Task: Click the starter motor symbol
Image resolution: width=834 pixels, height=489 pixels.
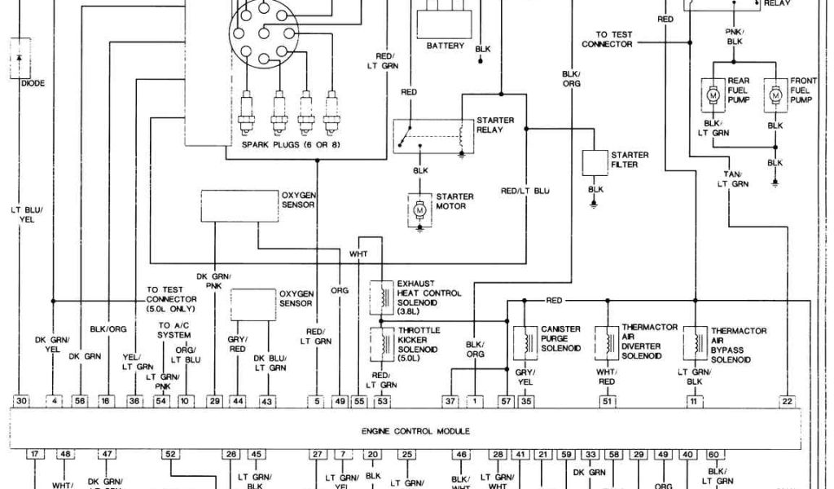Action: pos(421,210)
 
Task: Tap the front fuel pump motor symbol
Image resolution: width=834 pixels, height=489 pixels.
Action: pos(775,96)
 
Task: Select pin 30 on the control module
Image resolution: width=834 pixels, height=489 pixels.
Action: pos(22,401)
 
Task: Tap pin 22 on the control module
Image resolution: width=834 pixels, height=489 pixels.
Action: pos(787,401)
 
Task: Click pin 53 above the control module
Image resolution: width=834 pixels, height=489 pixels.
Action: pos(381,401)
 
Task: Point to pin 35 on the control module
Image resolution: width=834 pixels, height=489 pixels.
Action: pos(526,401)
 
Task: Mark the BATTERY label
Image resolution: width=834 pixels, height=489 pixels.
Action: pos(446,46)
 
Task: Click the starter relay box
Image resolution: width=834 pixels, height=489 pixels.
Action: pos(432,134)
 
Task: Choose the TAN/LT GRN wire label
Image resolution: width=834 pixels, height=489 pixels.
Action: pos(732,178)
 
